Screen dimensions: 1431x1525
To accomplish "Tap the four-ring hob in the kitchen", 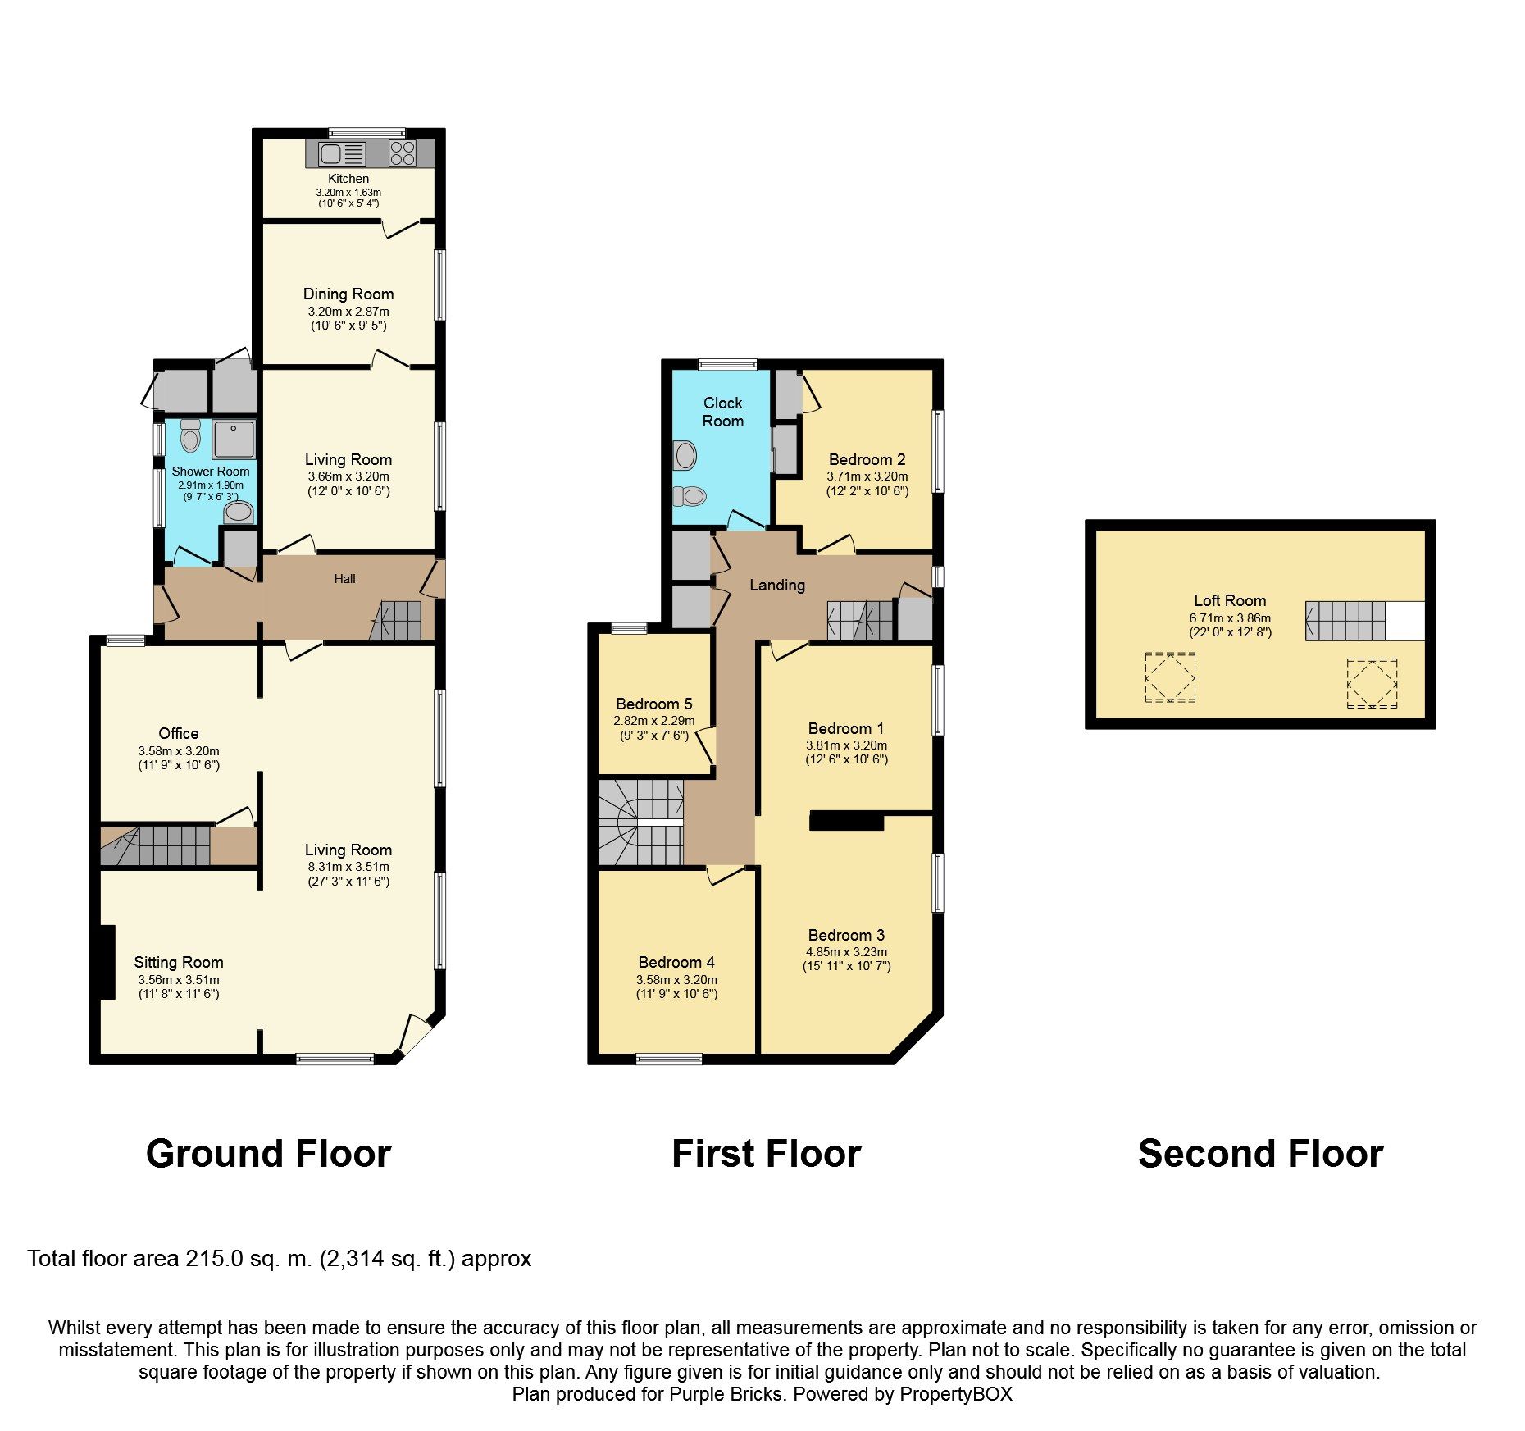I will click(x=403, y=153).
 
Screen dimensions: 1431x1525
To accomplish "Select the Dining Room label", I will click(x=348, y=294).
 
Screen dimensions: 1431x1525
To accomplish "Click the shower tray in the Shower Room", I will click(x=234, y=439).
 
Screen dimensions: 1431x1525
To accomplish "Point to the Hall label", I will click(x=344, y=579).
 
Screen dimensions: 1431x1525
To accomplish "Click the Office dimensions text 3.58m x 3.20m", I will click(x=179, y=750).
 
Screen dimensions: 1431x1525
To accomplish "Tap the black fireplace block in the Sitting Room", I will click(x=106, y=961).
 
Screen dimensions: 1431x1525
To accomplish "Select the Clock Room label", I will click(x=722, y=412).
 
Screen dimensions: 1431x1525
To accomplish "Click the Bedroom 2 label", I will click(x=867, y=459).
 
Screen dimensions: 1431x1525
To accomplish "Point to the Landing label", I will click(x=777, y=585).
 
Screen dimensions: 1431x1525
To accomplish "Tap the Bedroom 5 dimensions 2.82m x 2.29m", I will click(x=653, y=721).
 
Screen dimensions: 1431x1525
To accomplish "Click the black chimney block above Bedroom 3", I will click(x=846, y=821).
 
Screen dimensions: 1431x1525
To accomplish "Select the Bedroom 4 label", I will click(x=676, y=962).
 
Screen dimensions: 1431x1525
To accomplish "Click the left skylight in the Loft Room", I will click(x=1170, y=677).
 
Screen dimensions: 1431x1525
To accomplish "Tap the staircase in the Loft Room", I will click(x=1345, y=621).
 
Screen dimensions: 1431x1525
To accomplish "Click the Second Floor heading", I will click(x=1260, y=1154).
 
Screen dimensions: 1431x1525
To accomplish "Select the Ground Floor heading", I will click(x=268, y=1154).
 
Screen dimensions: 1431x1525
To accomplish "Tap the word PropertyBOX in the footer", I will click(x=955, y=1394).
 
